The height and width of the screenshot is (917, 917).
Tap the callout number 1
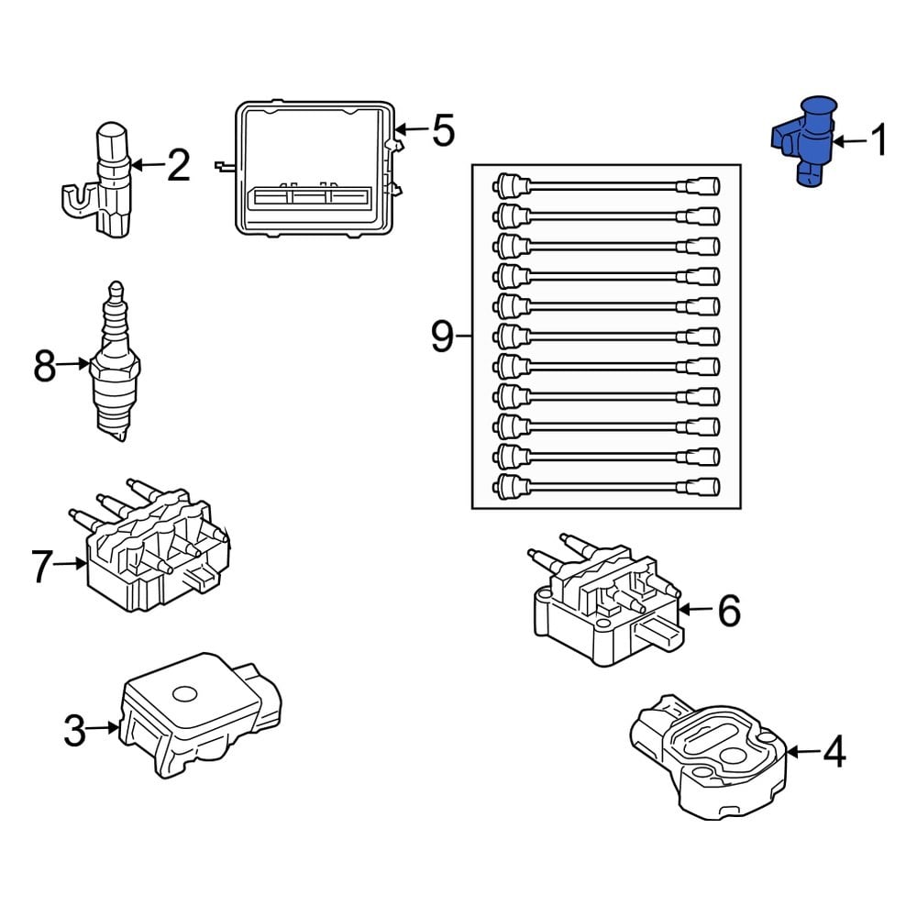(878, 142)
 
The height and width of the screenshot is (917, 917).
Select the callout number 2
(177, 166)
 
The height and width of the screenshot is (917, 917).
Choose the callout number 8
(44, 367)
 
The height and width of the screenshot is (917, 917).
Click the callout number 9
(442, 337)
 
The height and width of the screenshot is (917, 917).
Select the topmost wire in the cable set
(605, 186)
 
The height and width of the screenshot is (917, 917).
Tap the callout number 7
(41, 567)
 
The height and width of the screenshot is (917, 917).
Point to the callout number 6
(728, 611)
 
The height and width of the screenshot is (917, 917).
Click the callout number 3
(74, 732)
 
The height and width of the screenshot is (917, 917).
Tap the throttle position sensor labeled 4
(711, 752)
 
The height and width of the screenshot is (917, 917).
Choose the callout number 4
(833, 753)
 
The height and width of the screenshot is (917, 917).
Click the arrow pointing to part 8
(73, 366)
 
